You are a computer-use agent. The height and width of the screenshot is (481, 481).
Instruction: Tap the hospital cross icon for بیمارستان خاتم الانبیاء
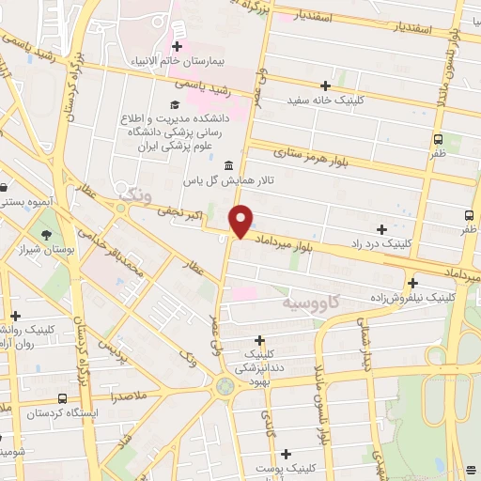tap(177, 46)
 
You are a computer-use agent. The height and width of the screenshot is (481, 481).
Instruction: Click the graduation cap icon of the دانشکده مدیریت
tap(176, 105)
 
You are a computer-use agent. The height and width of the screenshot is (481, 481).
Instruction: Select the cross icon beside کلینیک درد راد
tap(381, 229)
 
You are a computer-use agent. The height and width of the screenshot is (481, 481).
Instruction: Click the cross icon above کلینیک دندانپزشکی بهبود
tap(260, 339)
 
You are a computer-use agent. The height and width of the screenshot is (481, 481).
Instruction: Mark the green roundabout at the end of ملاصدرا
tap(225, 385)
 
